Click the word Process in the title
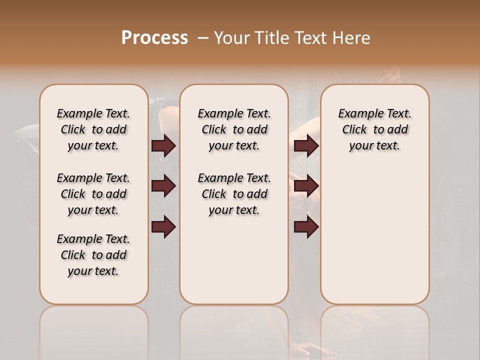click(154, 38)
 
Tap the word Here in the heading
click(352, 38)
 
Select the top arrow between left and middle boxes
click(163, 146)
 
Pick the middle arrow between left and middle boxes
click(163, 186)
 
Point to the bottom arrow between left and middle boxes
click(163, 227)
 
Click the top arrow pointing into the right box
click(306, 146)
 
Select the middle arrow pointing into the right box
click(306, 186)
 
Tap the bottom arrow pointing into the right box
click(306, 227)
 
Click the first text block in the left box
click(93, 129)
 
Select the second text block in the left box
click(93, 194)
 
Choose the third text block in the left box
click(93, 255)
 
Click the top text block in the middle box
click(234, 129)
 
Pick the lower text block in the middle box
click(234, 194)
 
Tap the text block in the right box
click(375, 129)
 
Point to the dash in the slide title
click(203, 38)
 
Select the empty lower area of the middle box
click(234, 260)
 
